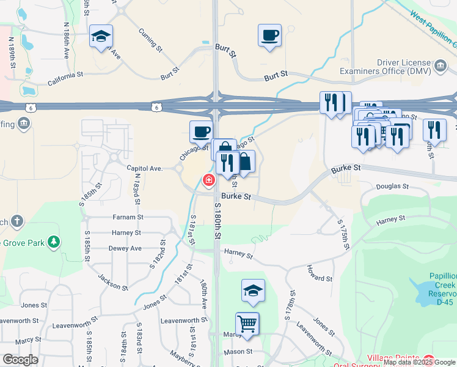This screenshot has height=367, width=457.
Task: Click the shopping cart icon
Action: [x=247, y=323]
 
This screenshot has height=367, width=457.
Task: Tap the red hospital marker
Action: [x=209, y=180]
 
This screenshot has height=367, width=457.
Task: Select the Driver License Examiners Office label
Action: [x=404, y=67]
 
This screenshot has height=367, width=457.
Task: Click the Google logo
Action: [x=20, y=359]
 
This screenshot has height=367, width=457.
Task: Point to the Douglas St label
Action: [x=392, y=186]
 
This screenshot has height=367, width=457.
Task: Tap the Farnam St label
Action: [x=128, y=217]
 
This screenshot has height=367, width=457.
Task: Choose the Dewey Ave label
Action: [x=125, y=248]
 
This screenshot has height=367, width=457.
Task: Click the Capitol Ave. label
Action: [x=144, y=168]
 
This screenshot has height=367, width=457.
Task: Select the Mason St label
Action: [x=238, y=351]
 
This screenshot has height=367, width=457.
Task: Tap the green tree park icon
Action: [x=54, y=242]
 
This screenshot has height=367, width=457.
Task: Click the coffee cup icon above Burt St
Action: [x=269, y=35]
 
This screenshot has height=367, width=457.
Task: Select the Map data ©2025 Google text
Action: [x=420, y=362]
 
